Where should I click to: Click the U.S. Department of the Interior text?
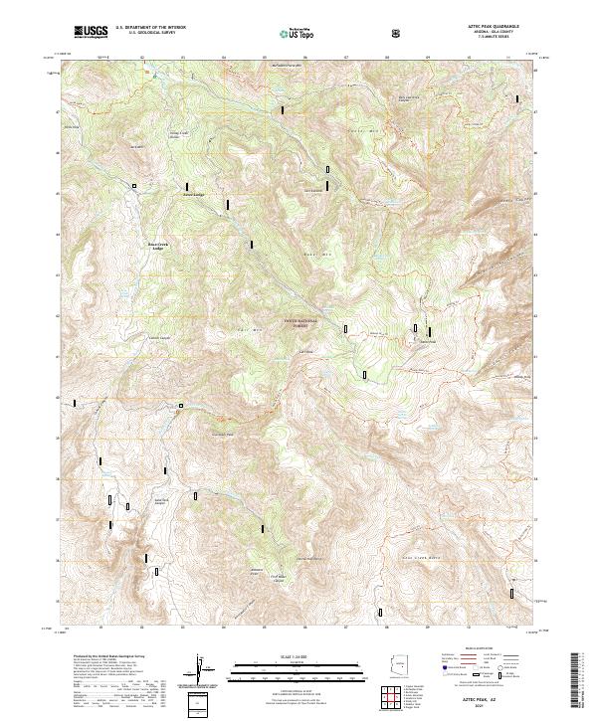(149, 29)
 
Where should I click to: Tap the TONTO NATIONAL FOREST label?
(299, 322)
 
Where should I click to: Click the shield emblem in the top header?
(398, 32)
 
